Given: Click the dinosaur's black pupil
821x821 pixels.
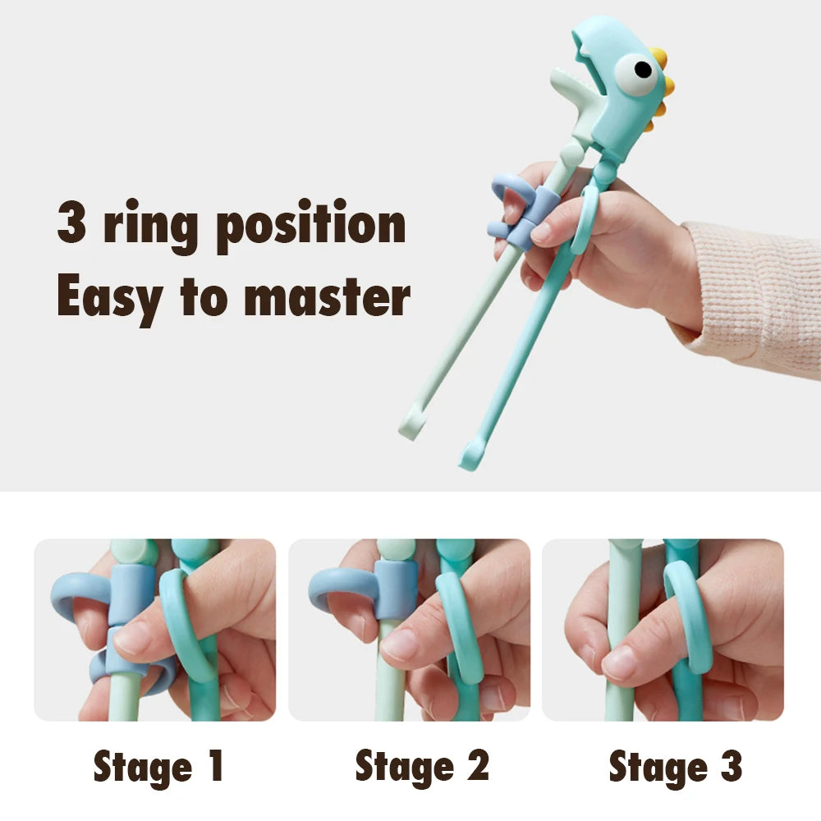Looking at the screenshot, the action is [x=643, y=69].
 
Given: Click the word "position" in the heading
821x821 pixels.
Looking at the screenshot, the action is [x=311, y=225].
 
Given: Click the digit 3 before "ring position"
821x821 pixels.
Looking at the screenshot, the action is [x=71, y=222].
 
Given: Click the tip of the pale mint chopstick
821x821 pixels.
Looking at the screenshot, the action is [x=409, y=433].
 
